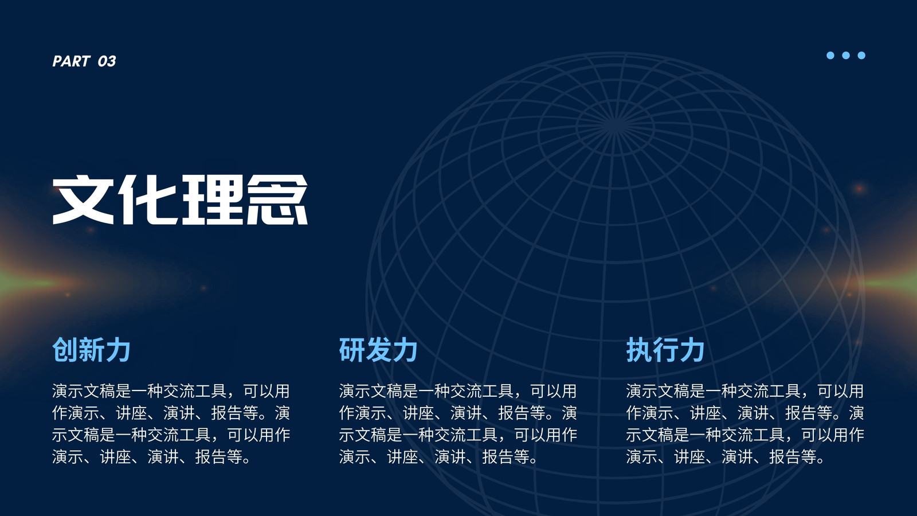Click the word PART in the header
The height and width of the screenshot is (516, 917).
point(71,61)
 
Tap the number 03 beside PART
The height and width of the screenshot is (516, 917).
point(107,61)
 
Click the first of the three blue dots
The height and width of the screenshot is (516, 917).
point(830,55)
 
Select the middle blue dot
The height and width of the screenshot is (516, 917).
point(846,55)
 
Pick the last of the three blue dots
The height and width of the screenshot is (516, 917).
point(861,55)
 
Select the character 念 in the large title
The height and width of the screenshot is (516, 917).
point(277,200)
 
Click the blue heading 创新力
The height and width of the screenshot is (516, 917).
point(91,350)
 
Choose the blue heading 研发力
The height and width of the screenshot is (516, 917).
point(378,350)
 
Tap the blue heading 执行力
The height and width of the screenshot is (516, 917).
point(665,350)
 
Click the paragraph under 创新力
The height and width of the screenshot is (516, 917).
point(171,424)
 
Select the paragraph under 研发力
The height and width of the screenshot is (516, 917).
point(458,424)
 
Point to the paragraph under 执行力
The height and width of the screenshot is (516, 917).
point(745,424)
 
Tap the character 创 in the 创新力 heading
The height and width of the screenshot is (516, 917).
point(65,350)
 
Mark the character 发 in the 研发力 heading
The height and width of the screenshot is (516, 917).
point(378,350)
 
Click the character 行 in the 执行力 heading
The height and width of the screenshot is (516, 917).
point(665,350)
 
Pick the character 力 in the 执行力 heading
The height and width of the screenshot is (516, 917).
point(691,350)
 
